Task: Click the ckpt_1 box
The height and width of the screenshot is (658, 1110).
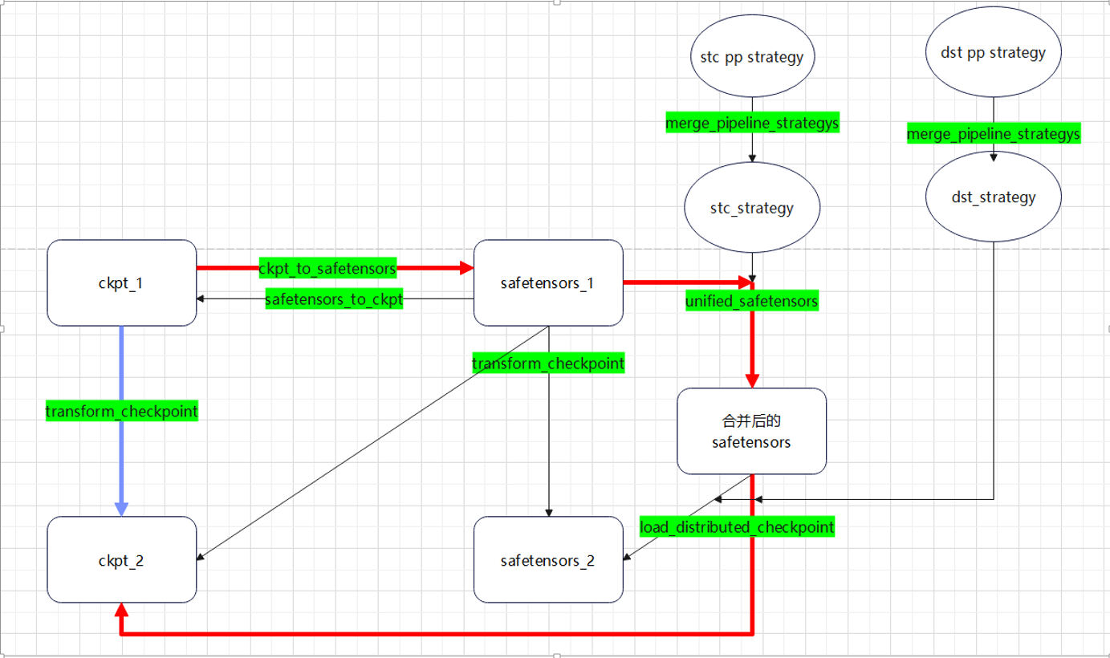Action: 122,283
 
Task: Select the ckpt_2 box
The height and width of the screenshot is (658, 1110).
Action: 122,560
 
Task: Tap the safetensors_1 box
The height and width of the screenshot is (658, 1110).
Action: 548,283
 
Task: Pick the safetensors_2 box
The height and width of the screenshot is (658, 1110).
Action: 548,560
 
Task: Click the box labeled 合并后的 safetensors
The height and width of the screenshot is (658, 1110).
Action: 751,431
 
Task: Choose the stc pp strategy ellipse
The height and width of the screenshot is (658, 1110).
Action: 752,58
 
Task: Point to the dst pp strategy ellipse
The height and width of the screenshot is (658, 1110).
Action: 993,53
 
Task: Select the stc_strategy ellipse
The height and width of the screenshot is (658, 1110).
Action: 752,208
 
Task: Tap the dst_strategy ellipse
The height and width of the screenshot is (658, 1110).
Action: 993,197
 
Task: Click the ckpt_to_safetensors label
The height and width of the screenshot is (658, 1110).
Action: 327,267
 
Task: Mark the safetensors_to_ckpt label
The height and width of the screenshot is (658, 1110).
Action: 334,300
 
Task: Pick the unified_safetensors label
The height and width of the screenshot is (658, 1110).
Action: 751,301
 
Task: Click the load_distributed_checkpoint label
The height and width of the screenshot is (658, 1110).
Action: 737,527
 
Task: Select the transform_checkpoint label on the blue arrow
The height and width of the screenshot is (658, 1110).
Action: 121,412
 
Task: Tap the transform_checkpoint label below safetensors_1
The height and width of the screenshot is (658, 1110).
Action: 548,364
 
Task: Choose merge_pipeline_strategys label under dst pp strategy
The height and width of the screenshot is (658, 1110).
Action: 994,133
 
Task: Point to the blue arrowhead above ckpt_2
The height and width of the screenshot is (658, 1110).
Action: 121,508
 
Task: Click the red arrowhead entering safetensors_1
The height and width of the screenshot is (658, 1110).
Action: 466,268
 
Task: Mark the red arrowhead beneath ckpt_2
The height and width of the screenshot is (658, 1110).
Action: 121,609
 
